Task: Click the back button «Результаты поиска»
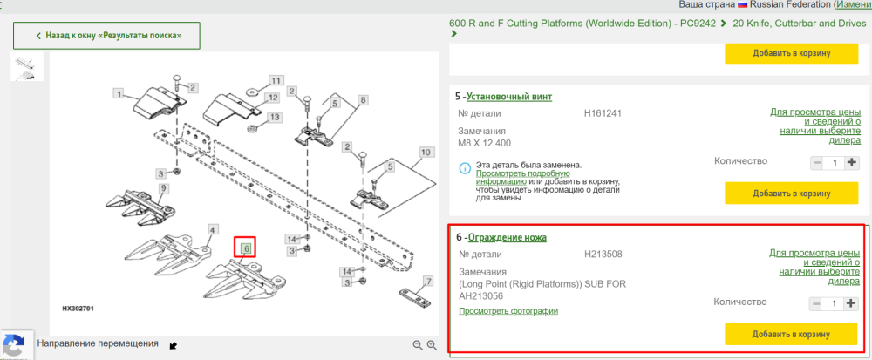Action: point(106,36)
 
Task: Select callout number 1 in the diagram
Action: point(118,93)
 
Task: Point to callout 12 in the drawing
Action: point(272,98)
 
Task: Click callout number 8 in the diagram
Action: point(363,100)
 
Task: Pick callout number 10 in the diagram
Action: point(426,152)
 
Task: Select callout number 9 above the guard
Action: point(164,188)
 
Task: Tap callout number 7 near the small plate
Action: point(428,281)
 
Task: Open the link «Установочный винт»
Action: point(509,97)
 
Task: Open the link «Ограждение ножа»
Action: point(508,238)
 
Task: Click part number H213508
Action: point(603,255)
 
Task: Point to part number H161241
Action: point(603,113)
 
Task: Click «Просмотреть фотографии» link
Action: point(508,310)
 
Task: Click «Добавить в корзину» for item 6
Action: point(791,334)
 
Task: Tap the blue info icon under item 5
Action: point(465,167)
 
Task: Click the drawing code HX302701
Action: point(78,308)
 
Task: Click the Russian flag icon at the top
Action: point(742,4)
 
